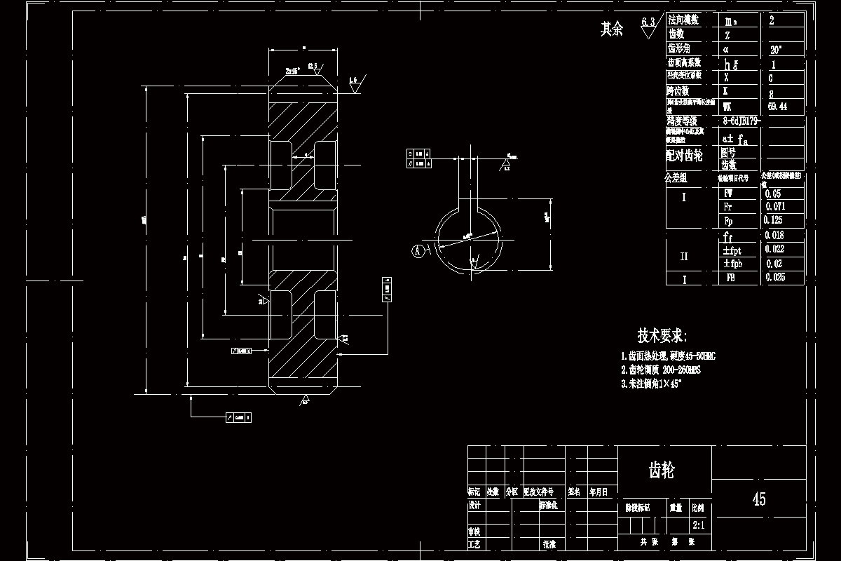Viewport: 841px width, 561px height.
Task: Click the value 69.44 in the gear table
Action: click(x=777, y=107)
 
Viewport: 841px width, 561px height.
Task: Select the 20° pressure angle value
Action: click(x=775, y=50)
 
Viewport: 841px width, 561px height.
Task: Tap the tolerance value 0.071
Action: click(x=776, y=207)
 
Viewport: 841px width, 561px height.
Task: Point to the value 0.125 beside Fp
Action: click(x=774, y=220)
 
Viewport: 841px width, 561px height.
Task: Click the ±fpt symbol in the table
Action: click(x=732, y=250)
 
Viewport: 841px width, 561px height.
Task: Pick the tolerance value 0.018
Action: click(x=774, y=236)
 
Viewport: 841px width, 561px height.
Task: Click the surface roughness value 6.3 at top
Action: click(x=648, y=23)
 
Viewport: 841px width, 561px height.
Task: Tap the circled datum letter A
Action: click(x=418, y=250)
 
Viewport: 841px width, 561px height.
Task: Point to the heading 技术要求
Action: click(x=662, y=335)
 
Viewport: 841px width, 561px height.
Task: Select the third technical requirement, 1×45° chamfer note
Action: click(x=650, y=384)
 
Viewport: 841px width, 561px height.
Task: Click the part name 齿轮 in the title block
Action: click(x=662, y=471)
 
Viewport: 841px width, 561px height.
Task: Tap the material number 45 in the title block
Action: click(x=759, y=499)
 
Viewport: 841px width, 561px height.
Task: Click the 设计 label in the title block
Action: click(x=474, y=505)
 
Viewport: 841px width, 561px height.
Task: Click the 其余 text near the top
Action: click(x=611, y=29)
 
